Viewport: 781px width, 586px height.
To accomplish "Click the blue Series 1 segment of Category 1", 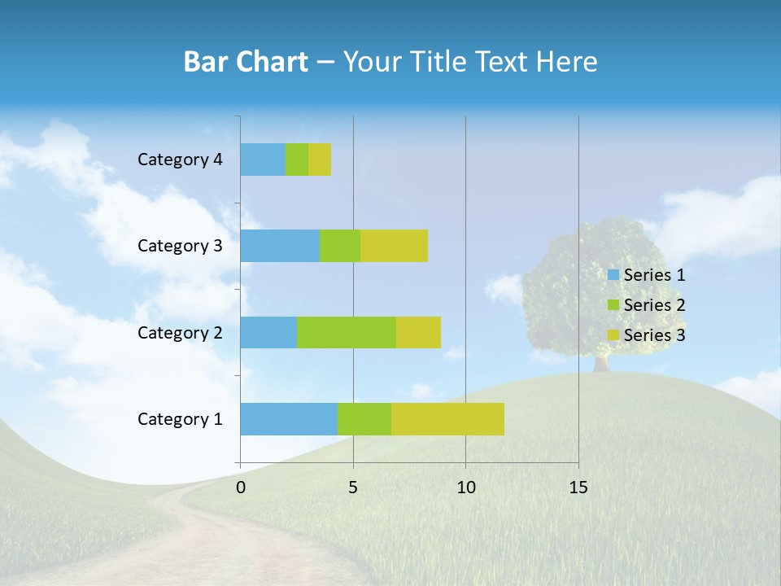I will tap(289, 419).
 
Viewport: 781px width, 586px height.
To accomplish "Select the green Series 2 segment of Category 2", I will tap(347, 332).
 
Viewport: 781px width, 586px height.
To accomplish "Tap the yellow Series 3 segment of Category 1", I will tap(447, 419).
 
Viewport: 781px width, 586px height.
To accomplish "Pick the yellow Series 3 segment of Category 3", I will tap(394, 246).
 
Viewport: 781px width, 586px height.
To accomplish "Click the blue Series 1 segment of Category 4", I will tap(263, 160).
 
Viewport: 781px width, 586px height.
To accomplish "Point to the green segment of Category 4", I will tap(297, 160).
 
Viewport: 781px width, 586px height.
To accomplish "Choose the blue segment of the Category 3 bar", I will tap(280, 246).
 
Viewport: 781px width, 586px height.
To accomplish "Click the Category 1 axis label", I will tap(180, 419).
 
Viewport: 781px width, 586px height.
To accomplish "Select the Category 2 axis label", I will tap(180, 332).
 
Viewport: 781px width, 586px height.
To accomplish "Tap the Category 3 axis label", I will tap(180, 246).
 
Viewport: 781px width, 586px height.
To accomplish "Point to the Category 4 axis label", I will tap(180, 160).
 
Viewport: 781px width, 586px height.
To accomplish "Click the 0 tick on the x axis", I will tap(241, 488).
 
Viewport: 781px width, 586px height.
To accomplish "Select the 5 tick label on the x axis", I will tap(353, 488).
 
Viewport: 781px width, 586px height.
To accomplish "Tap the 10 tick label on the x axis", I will tap(465, 488).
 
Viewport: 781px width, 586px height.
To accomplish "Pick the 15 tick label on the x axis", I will tap(578, 488).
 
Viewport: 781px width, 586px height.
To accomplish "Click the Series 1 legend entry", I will tap(647, 275).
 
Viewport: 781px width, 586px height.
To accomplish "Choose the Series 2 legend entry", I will tap(647, 305).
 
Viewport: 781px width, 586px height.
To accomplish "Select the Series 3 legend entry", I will tap(647, 335).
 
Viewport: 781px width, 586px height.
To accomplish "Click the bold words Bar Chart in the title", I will tap(245, 62).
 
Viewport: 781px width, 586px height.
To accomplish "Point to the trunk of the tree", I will tap(601, 363).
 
